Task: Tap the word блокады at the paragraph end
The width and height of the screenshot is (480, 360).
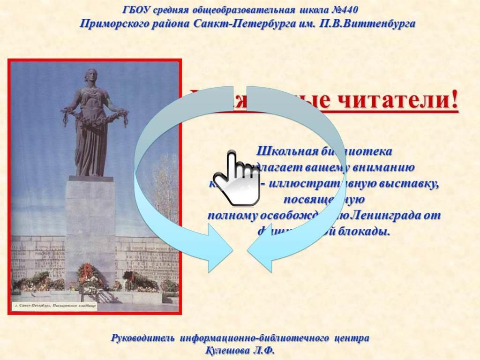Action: coord(367,232)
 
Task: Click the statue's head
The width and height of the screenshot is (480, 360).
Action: coord(90,76)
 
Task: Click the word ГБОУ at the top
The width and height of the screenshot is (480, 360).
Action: coord(135,10)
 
